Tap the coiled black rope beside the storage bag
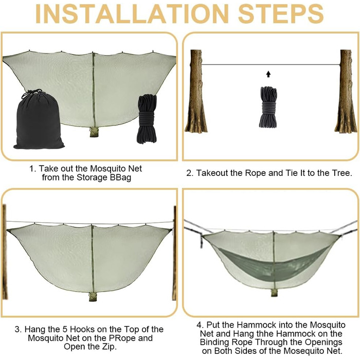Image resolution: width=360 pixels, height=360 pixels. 147,119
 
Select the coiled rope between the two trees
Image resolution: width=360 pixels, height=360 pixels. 268,107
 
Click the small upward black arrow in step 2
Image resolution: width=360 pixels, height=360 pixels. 268,74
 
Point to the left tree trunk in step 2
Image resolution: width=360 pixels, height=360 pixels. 196,92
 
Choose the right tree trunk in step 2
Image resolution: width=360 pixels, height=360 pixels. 345,92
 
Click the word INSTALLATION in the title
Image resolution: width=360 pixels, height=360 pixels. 132,14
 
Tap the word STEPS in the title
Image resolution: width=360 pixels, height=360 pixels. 281,14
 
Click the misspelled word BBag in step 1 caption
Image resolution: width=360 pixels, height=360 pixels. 120,177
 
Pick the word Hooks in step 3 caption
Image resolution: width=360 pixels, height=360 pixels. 82,329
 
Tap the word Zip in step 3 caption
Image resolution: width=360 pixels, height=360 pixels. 109,347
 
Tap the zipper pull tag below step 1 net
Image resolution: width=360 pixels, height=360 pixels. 94,132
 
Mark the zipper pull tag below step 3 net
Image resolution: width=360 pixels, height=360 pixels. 93,296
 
